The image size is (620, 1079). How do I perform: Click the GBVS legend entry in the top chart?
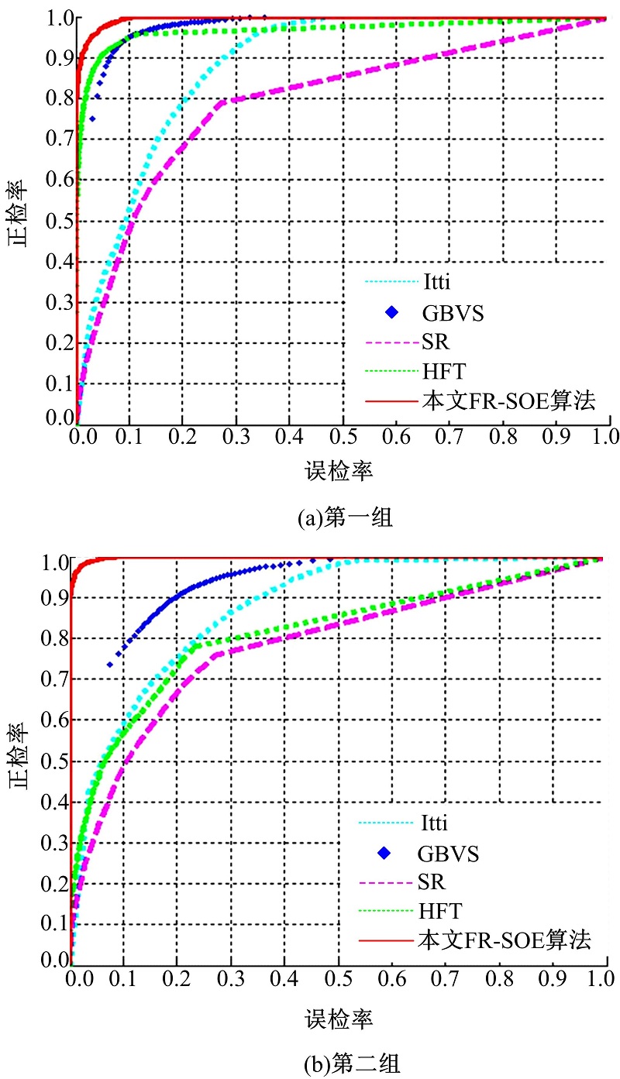coord(446,313)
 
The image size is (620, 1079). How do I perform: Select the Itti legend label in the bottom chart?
coord(436,823)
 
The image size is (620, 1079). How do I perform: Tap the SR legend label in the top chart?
coord(435,342)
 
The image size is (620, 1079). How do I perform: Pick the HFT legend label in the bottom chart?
coord(439,910)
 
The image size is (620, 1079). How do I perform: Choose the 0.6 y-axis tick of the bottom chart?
coord(57,720)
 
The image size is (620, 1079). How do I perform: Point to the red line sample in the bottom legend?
coord(385,941)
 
